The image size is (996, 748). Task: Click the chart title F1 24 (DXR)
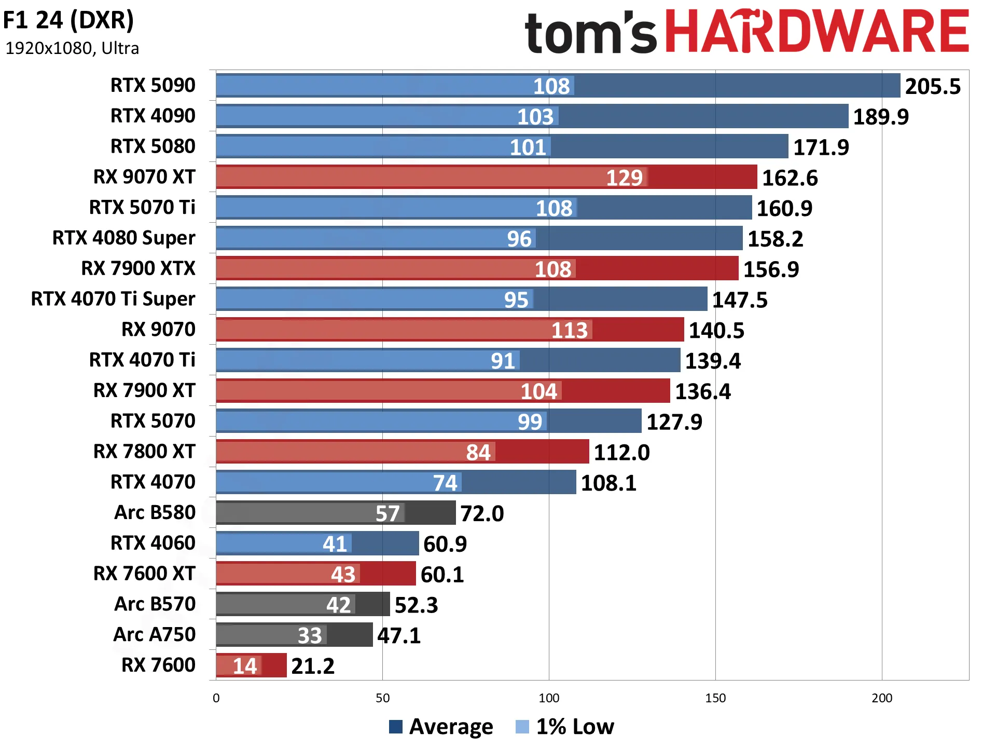[68, 20]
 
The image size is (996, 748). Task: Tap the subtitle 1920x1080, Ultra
[72, 48]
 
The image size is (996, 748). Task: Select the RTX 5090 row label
[153, 85]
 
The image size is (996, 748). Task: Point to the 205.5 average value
[933, 86]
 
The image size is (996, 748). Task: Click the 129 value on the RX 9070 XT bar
[625, 178]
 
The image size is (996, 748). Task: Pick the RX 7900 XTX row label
[139, 268]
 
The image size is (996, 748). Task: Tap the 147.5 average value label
[740, 300]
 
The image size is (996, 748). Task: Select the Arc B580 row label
[155, 512]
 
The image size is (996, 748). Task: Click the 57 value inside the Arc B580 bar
[388, 513]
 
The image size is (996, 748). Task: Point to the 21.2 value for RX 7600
[313, 666]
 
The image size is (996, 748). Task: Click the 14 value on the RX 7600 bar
[245, 666]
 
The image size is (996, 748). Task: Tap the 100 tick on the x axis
[549, 698]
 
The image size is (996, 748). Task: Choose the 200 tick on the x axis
[882, 698]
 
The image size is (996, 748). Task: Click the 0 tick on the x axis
[216, 698]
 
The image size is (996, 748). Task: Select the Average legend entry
[441, 727]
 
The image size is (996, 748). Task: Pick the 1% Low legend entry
[565, 727]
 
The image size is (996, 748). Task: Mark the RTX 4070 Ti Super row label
[113, 299]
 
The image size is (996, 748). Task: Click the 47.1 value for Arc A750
[399, 635]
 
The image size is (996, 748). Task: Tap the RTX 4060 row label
[153, 543]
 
